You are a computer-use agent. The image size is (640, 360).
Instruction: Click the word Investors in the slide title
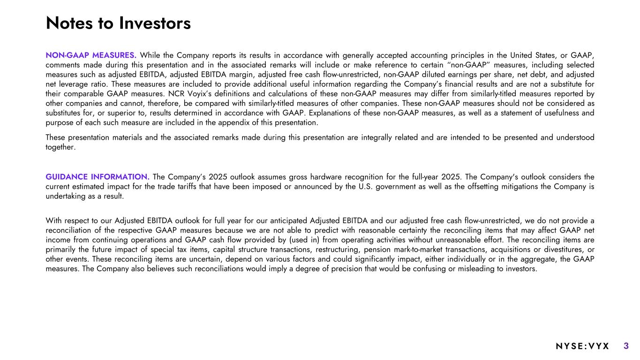(155, 23)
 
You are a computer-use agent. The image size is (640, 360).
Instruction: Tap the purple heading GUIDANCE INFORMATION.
(98, 177)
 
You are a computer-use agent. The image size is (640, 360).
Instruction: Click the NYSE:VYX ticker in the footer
(582, 346)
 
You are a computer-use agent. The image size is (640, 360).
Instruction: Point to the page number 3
(626, 346)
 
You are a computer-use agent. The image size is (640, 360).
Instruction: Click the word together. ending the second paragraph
(60, 147)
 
